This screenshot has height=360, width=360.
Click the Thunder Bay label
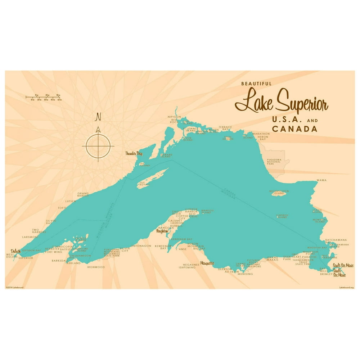(134, 154)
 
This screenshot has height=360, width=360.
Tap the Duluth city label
(15, 251)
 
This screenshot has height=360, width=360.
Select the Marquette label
(207, 263)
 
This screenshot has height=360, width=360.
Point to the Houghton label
(162, 231)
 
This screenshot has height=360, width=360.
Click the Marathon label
(261, 134)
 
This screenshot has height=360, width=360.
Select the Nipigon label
(174, 117)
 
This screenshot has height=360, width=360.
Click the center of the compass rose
(98, 146)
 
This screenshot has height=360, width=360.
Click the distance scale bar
(44, 97)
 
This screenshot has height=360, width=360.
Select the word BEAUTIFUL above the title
(256, 84)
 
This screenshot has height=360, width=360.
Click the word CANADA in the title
(294, 129)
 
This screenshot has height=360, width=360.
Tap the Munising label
(246, 274)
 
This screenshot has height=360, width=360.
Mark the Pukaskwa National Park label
(274, 162)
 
